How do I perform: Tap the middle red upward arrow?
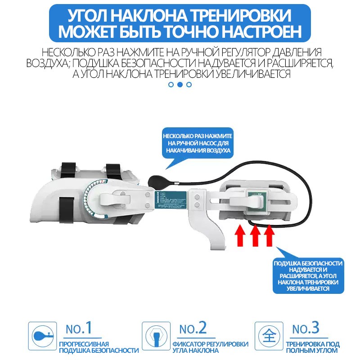255,235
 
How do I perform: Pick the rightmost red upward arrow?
269,235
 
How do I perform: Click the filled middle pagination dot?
180,84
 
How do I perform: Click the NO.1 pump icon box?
42,336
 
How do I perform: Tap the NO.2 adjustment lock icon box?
156,336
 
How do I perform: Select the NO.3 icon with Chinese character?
269,336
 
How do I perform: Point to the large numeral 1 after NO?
88,328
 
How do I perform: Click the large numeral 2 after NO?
202,328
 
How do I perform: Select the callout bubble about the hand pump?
198,143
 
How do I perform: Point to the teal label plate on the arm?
172,199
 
